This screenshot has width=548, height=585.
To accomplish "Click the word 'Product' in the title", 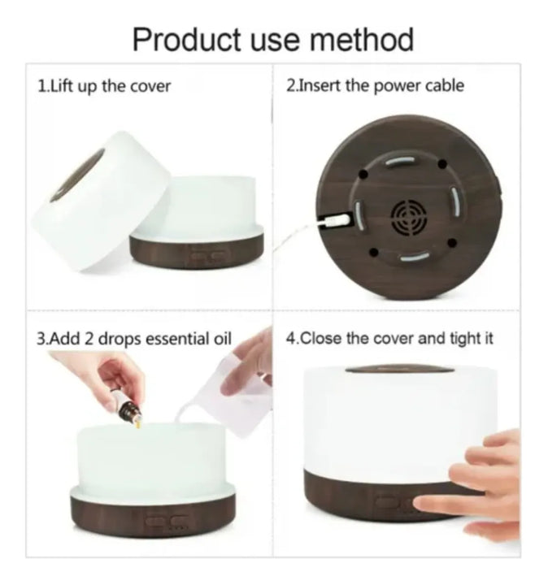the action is tap(187, 40).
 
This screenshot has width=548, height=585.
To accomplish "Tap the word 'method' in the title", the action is tap(362, 39).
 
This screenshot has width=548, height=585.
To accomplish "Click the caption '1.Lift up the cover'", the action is tap(104, 87).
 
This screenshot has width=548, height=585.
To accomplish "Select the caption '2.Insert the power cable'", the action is tap(375, 86).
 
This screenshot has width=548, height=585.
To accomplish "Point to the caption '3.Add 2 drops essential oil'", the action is tap(134, 339).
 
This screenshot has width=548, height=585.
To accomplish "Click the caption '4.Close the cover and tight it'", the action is tap(389, 339).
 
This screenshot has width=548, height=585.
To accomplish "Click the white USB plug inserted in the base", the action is tap(334, 220).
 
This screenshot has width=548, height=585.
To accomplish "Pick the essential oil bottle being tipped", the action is tap(129, 409).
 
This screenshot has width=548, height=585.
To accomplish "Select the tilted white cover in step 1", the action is tap(100, 201).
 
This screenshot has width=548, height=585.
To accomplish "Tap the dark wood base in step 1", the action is tap(197, 251).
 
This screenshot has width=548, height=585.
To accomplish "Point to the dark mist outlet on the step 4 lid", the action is tap(400, 370).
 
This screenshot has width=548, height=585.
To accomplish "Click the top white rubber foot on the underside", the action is tap(400, 160).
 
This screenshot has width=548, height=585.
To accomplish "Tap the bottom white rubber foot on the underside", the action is tap(415, 257).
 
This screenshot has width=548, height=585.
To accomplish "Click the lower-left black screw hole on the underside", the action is tap(374, 253).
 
